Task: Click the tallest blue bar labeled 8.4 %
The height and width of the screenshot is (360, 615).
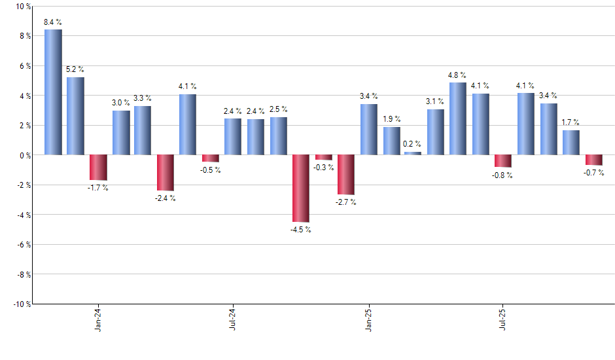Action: coord(53,92)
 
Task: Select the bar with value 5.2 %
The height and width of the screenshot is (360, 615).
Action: coord(75,116)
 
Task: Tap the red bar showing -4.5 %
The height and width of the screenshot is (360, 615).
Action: coord(301,189)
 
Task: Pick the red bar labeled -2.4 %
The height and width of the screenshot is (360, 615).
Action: coord(166,173)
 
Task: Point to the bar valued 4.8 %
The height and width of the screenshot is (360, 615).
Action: coord(458,118)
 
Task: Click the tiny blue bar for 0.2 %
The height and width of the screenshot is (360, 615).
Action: coord(413,153)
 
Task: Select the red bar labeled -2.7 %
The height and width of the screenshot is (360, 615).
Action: coord(345,175)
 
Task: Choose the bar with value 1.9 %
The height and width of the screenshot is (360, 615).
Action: coord(391,141)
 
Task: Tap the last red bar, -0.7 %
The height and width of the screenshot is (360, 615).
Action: coord(593,160)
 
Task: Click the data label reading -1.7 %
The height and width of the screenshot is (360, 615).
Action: coord(97,189)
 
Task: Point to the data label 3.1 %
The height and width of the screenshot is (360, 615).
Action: coord(435,101)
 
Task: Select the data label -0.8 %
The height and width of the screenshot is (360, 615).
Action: coord(502,175)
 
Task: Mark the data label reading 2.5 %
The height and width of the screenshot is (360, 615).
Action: coord(278,109)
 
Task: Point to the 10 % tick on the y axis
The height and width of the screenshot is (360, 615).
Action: coord(23,7)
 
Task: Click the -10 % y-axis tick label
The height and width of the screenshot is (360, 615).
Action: coord(21,304)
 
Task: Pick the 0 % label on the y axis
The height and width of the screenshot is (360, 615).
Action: coord(25,155)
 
